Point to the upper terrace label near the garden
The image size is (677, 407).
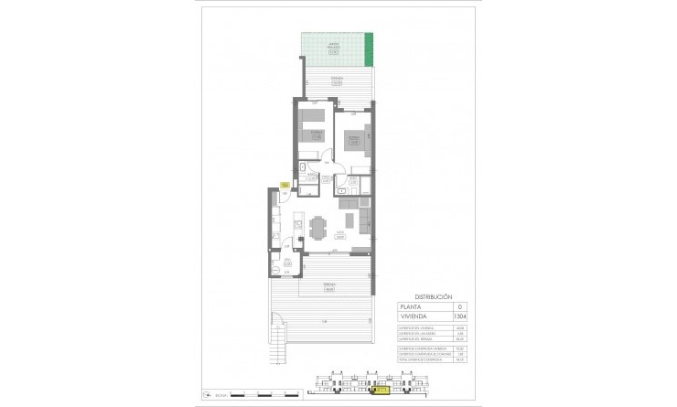[338, 80]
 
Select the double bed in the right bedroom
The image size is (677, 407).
[356, 140]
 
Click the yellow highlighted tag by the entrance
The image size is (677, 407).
[285, 186]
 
